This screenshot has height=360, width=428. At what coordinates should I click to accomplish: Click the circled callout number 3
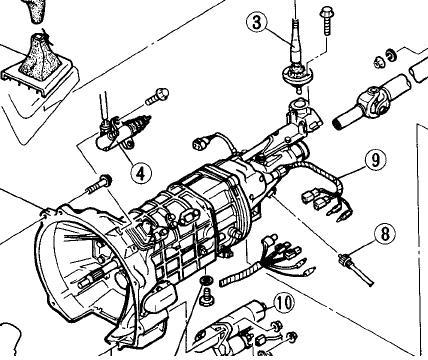pos(257,22)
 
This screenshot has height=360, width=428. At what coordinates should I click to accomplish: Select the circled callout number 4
pos(141,172)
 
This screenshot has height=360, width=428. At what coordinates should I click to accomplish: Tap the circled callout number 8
pos(385,233)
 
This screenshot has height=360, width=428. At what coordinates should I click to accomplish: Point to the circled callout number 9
pos(376,160)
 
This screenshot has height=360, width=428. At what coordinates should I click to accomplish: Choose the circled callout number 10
pos(284,303)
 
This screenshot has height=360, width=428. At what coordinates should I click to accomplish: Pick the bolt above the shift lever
pos(326,21)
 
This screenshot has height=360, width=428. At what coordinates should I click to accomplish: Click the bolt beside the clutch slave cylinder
pos(157,96)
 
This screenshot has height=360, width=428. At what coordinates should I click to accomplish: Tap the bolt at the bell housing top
pos(99,185)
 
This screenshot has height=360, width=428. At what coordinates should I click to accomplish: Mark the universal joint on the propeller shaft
pos(376,100)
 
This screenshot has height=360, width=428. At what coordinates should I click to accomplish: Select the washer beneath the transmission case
pos(206,281)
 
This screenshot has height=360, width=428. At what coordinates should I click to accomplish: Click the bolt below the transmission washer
pos(206,297)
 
